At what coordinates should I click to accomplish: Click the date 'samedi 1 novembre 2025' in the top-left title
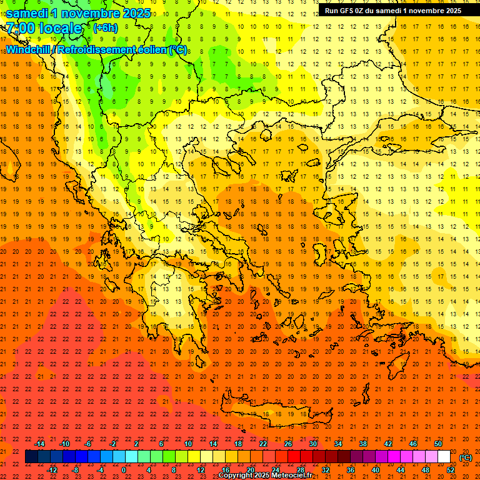(78, 13)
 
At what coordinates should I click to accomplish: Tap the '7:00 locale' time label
(44, 28)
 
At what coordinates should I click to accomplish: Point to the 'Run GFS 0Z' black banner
(393, 10)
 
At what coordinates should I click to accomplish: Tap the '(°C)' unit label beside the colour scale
(466, 457)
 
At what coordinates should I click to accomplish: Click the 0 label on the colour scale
(124, 470)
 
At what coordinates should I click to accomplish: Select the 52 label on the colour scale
(451, 470)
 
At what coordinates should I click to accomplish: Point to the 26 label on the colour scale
(287, 444)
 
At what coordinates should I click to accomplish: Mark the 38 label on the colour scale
(362, 444)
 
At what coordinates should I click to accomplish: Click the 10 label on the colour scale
(187, 444)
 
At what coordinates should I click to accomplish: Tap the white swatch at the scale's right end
(444, 457)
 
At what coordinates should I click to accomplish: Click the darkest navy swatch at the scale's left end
(31, 457)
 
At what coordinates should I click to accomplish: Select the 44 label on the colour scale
(401, 470)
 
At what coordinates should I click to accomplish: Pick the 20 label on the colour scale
(250, 470)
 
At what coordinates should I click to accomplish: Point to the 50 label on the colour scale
(438, 444)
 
